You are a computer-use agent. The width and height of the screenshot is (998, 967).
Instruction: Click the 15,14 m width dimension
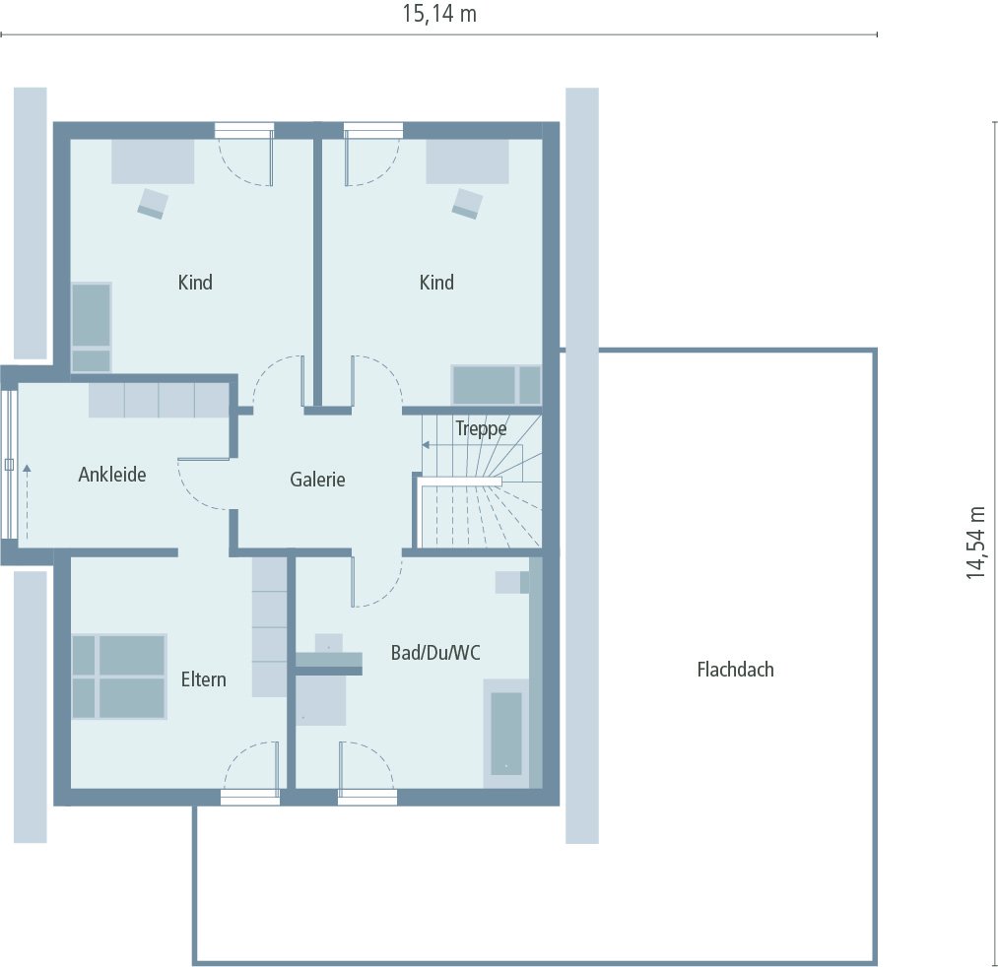(x=439, y=14)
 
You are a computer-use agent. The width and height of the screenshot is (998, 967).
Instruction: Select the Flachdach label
(x=735, y=670)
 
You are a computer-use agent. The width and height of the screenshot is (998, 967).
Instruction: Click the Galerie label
(x=317, y=480)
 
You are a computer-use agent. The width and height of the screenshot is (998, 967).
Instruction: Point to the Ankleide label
(x=112, y=475)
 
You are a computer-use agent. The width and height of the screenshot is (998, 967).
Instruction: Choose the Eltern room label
(x=203, y=679)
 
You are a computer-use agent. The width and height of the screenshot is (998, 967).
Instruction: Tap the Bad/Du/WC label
(x=435, y=652)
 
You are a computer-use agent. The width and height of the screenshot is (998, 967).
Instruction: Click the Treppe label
(x=481, y=428)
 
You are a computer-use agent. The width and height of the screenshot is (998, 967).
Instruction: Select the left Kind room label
(x=195, y=283)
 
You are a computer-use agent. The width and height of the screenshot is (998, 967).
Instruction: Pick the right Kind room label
(x=436, y=283)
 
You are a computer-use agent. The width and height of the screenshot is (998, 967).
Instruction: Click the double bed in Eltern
(x=118, y=677)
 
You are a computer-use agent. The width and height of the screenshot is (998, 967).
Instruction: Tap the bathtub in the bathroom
(x=505, y=733)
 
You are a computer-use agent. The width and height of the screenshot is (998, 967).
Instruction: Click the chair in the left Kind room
(x=153, y=203)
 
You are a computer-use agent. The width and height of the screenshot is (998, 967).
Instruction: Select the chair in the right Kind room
(x=467, y=203)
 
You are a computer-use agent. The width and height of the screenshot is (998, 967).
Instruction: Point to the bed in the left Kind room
(x=92, y=327)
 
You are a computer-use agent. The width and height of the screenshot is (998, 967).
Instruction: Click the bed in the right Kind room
(x=497, y=384)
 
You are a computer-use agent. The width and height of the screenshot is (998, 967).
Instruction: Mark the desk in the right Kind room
(x=467, y=161)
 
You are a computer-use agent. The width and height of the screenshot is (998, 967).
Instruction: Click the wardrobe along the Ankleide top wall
(x=159, y=400)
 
